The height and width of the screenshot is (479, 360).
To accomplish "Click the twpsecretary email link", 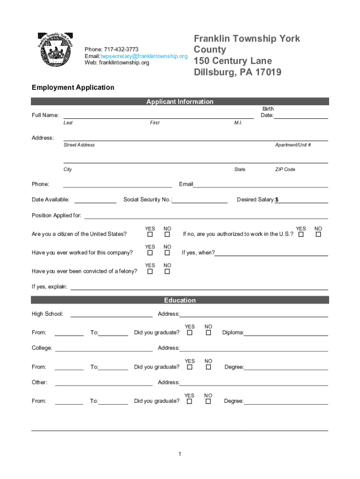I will pos(144,56).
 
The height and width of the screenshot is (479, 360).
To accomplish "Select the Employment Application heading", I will pos(73,87).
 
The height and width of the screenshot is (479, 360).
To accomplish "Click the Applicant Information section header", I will pos(180,102).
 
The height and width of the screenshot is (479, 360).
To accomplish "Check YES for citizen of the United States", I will pos(150,234).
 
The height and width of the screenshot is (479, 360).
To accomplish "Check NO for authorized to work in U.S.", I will pos(318,234).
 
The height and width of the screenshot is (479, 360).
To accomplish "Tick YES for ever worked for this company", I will pos(150,253).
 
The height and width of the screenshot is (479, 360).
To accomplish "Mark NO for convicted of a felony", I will pos(167,271).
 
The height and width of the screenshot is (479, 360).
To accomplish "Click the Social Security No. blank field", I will pos(200,201).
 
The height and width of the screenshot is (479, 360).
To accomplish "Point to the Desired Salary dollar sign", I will pos(277,200).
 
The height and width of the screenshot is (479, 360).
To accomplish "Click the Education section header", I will pos(180,300).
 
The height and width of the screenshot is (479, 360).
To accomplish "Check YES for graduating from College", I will pos(190,367).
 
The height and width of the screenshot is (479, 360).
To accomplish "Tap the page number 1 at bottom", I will pos(180,454).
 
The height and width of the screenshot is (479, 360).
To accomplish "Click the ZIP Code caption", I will pos(285,169).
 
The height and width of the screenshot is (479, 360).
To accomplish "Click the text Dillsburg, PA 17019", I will pos(238,73).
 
